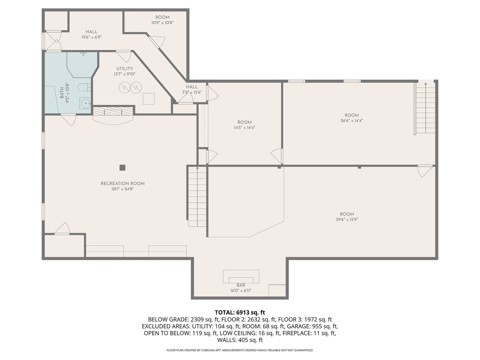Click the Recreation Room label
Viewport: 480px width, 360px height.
122,184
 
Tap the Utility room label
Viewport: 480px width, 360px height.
125,69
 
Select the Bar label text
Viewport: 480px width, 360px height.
241,285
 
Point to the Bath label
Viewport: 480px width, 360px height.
62,93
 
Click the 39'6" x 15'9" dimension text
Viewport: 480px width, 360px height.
347,220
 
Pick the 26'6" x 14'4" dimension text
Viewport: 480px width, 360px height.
352,120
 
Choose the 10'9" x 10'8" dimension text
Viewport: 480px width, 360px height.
162,22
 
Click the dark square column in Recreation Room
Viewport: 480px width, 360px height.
122,168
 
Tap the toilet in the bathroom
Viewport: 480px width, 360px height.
84,87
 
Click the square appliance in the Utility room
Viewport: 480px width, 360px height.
149,99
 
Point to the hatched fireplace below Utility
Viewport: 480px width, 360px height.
113,111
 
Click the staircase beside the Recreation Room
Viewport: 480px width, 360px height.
197,196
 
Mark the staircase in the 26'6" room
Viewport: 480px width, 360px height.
425,108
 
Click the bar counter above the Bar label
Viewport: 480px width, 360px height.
241,276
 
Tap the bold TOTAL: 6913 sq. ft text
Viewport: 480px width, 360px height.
240,312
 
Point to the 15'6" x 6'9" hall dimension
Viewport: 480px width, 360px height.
92,37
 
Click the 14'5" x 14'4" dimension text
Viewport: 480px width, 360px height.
244,128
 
